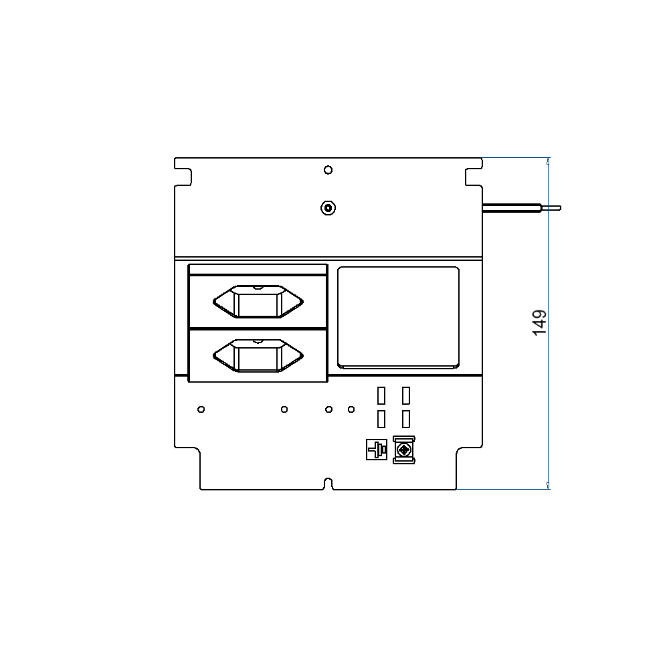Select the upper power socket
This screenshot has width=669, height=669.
(x=258, y=301)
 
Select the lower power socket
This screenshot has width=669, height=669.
(x=258, y=355)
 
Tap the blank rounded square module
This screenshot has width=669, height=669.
(x=399, y=317)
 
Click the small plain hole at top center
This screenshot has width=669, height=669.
(x=328, y=170)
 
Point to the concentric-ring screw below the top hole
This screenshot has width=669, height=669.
(x=328, y=208)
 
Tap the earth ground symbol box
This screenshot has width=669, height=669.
(x=376, y=450)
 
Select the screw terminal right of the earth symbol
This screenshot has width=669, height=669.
(x=404, y=450)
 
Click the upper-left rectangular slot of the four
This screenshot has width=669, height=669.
(x=381, y=395)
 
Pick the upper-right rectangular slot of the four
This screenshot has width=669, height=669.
(x=406, y=395)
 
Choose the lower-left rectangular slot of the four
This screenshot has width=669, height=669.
(x=381, y=419)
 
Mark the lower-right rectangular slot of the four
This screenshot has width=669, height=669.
(x=406, y=419)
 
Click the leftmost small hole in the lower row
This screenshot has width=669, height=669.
(x=201, y=409)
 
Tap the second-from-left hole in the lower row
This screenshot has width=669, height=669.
(x=284, y=409)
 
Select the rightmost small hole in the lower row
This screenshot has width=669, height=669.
(x=351, y=409)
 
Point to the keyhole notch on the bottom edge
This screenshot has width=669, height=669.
(x=328, y=484)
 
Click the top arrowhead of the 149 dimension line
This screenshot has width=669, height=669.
(x=549, y=161)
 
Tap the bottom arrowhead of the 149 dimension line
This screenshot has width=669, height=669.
(x=549, y=486)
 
